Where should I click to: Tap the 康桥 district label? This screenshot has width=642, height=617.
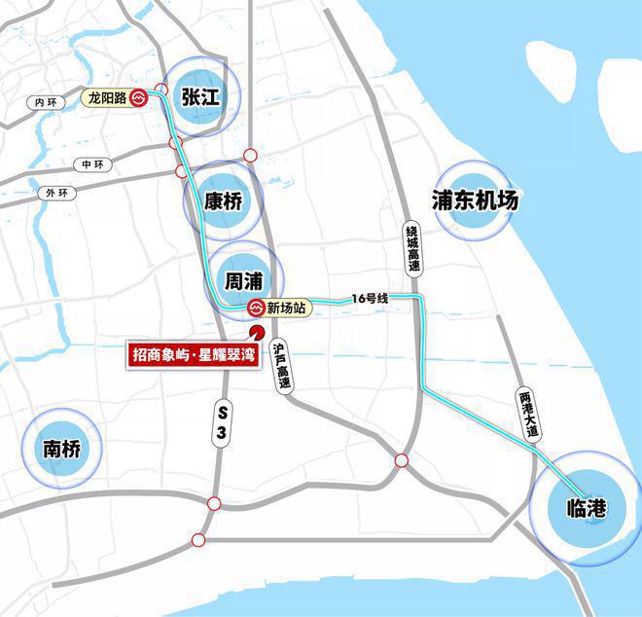point(223,201)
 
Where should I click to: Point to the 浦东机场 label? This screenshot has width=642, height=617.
point(475,200)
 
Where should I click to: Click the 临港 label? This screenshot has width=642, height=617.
point(585,506)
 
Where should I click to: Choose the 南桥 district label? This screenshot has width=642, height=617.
point(65,449)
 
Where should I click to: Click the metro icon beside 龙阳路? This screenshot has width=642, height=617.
point(140,97)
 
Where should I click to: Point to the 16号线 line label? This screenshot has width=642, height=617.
point(371,298)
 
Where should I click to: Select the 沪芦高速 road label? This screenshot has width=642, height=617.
point(282,366)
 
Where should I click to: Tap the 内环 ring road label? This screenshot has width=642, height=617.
point(46,101)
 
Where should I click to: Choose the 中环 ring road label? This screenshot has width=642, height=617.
point(92,164)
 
